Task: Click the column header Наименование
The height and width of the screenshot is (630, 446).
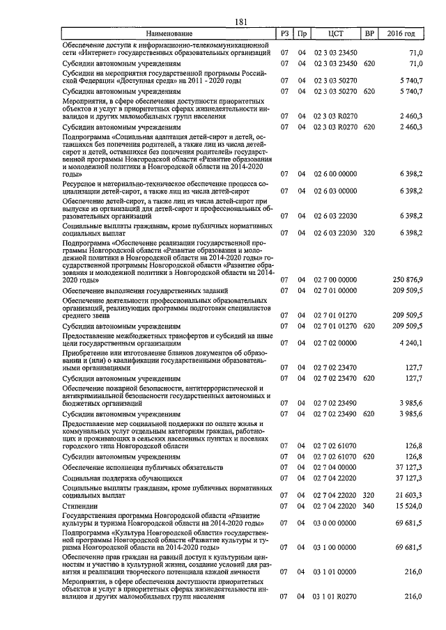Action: [x=169, y=33]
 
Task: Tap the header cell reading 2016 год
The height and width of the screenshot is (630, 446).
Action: [x=404, y=33]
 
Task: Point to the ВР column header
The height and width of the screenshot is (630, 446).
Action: [x=370, y=33]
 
